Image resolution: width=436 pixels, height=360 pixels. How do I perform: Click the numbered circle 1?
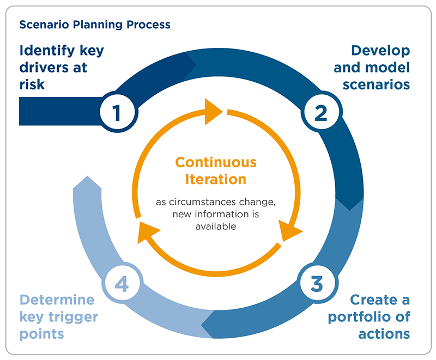click(116, 112)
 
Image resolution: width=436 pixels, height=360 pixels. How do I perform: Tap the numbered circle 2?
click(320, 112)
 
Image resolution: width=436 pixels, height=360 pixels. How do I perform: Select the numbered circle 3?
click(316, 283)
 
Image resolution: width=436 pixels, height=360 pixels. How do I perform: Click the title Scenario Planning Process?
click(95, 25)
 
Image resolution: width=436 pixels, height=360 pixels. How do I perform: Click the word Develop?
click(380, 51)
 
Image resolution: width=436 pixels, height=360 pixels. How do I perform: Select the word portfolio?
click(364, 316)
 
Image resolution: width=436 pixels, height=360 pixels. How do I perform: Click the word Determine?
click(57, 300)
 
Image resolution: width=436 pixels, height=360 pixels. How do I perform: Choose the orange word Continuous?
click(216, 162)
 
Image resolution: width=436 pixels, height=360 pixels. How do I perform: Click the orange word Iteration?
click(216, 179)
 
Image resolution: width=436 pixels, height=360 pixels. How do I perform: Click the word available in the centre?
click(216, 225)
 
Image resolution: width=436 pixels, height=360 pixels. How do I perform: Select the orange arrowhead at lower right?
click(290, 231)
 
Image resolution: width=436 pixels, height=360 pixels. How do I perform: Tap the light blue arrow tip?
click(86, 185)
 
